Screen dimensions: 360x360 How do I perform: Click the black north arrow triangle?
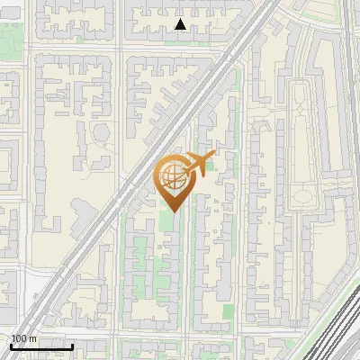click(181, 24)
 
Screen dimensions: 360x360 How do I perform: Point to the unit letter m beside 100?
click(32, 338)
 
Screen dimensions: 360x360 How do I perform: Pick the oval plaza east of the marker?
click(304, 195)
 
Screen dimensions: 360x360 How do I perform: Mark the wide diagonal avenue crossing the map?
click(135, 180)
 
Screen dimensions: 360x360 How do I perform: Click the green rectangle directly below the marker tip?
click(167, 221)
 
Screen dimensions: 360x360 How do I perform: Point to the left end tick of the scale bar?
click(11, 346)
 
